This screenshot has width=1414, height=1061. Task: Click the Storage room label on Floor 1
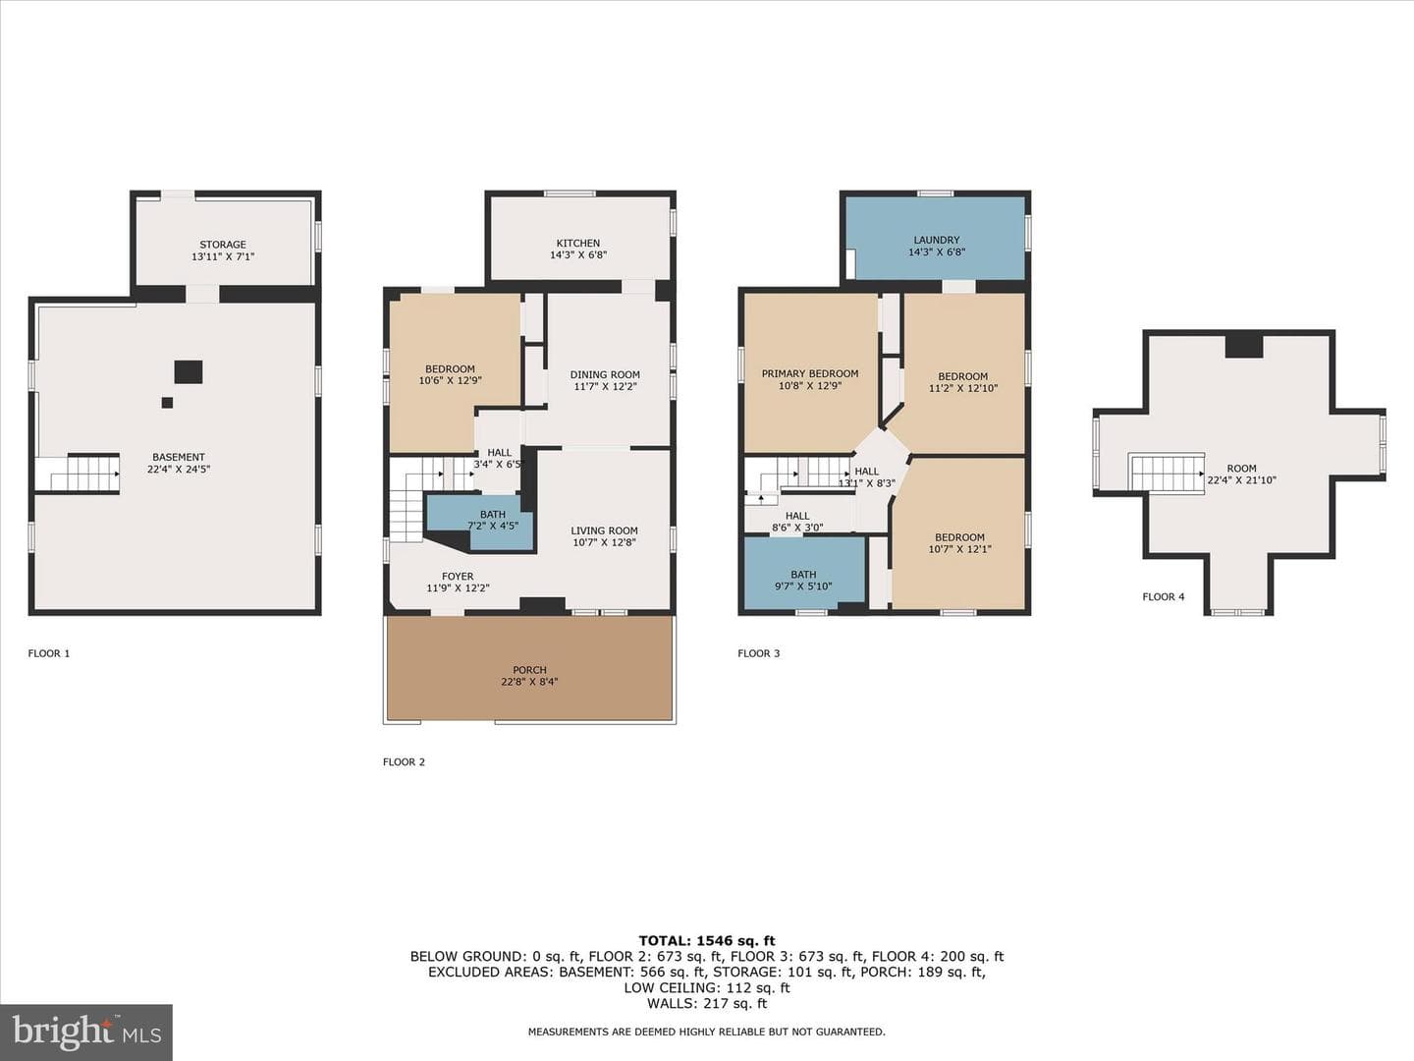point(223,245)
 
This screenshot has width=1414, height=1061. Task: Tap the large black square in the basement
point(189,372)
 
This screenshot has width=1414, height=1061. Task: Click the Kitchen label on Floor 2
point(577,243)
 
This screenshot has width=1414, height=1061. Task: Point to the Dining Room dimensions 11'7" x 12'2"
point(605,386)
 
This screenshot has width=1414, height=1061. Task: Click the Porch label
point(529,670)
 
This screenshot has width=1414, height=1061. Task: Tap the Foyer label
point(458,577)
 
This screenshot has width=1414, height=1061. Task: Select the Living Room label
point(604,530)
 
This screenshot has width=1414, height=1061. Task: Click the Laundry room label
point(936,240)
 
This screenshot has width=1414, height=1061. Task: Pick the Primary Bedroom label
point(810,373)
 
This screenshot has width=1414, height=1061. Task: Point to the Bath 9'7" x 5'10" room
point(804,572)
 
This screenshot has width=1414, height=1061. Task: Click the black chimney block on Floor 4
point(1244,347)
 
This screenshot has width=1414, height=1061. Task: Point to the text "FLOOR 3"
point(758,653)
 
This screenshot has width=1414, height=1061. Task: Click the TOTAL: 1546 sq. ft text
point(707,941)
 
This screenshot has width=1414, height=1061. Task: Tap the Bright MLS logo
point(86,1033)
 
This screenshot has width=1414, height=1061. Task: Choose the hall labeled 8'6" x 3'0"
point(798,521)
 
